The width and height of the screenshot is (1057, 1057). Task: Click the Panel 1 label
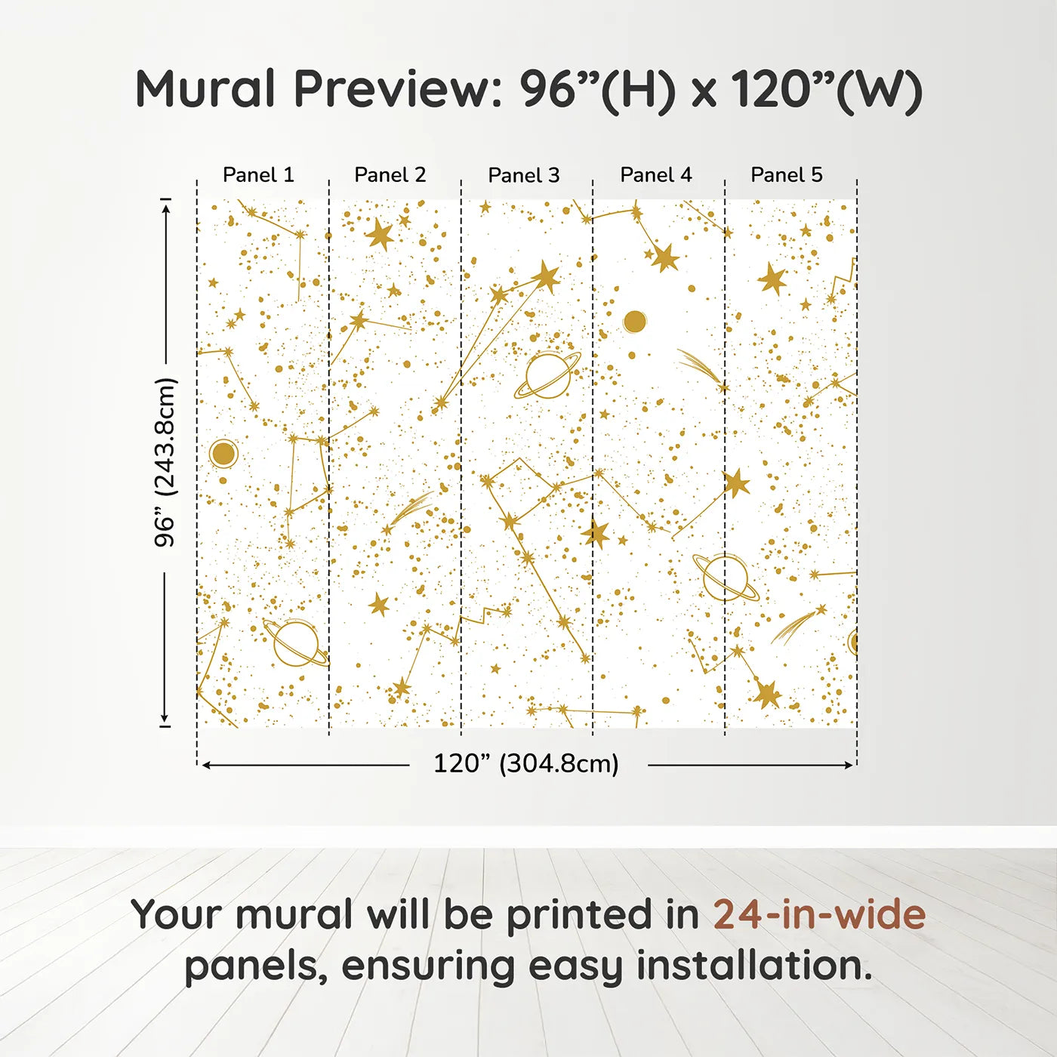click(258, 175)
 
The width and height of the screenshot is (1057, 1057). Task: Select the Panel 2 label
click(390, 175)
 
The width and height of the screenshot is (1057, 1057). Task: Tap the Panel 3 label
click(524, 176)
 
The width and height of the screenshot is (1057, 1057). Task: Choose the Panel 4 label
click(656, 175)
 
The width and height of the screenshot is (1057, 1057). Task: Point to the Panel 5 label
click(787, 175)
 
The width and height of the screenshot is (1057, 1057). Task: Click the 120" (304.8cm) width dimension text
click(526, 764)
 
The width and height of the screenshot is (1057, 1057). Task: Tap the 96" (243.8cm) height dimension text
click(165, 462)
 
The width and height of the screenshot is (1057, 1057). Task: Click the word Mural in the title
click(205, 89)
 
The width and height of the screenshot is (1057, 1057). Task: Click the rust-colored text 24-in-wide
click(819, 915)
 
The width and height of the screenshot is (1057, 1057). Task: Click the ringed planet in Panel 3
click(547, 375)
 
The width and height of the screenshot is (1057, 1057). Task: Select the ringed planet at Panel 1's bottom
click(295, 643)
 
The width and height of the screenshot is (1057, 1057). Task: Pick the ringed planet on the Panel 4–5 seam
click(726, 578)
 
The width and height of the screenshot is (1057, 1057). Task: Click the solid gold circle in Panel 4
click(635, 322)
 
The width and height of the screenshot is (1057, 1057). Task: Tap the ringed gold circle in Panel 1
click(223, 454)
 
